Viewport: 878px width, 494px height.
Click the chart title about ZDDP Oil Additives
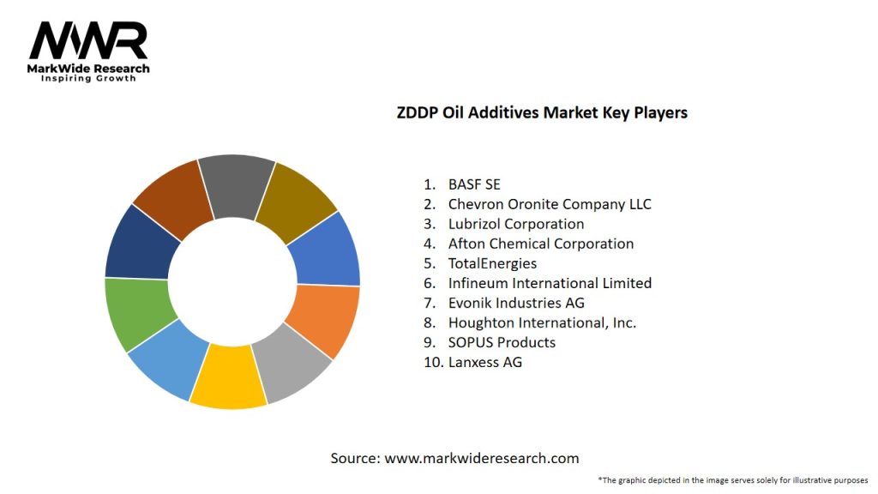[542, 112]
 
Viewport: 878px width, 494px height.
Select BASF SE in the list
[473, 184]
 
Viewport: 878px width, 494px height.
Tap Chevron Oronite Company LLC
[549, 204]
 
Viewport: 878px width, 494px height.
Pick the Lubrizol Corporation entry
[515, 224]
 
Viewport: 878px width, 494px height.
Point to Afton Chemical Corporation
[540, 244]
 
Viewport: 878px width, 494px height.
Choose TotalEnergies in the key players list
[491, 263]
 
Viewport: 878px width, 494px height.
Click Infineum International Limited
[549, 283]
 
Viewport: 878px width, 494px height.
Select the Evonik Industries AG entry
[515, 303]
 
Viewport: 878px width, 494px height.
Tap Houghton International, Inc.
[541, 322]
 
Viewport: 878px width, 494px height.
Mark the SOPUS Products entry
[501, 342]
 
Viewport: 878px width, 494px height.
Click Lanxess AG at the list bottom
[484, 362]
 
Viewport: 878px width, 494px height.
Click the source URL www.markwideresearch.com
[481, 459]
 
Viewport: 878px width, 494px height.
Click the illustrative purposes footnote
[733, 480]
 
